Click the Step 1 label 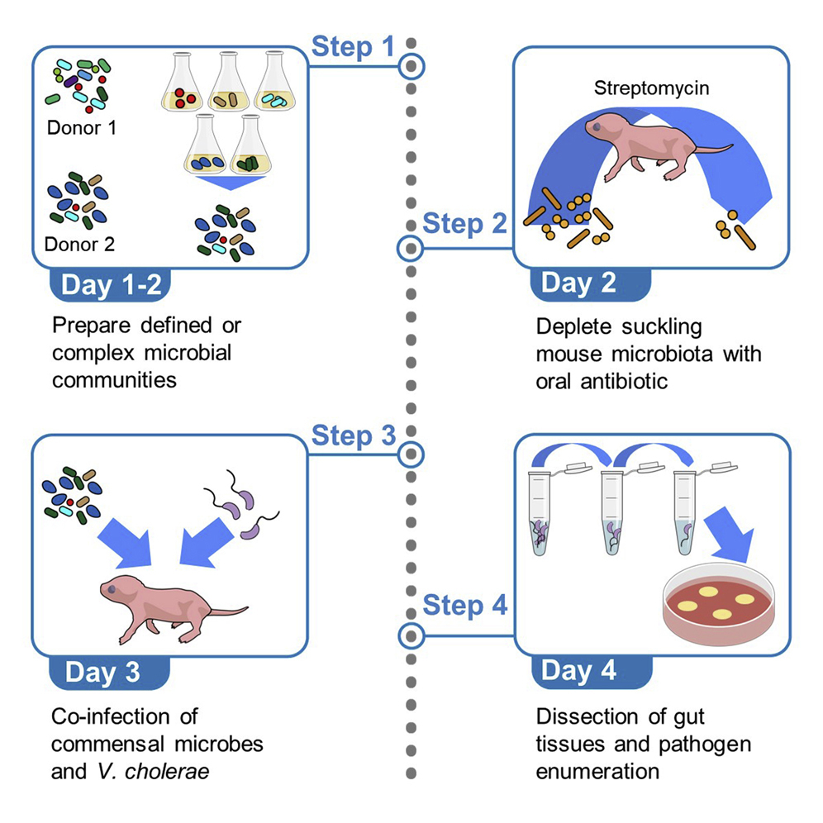tap(353, 47)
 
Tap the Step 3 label tap(353, 436)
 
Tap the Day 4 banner tap(578, 670)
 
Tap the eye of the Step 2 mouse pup tap(597, 127)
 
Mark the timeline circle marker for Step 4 tap(411, 635)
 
